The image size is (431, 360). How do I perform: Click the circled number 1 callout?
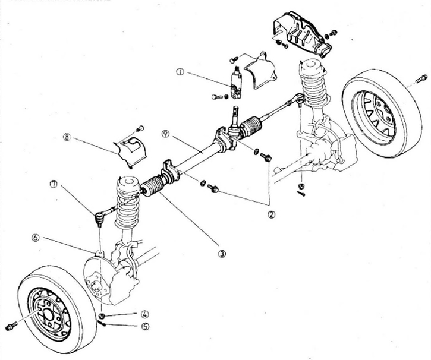point(180,72)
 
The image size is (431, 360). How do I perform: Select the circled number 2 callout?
point(271,214)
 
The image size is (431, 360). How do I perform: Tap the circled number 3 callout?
point(222,254)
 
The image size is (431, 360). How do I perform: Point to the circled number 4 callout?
point(145,314)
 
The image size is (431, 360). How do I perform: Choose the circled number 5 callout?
point(146,326)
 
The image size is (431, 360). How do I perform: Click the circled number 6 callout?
point(36,238)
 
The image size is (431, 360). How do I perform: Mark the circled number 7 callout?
point(54,184)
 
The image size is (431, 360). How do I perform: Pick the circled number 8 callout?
point(67,137)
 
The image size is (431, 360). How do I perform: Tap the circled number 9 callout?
point(165,134)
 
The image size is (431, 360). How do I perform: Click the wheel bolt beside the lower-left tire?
point(11,326)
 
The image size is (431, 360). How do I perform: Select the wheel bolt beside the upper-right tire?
point(421,79)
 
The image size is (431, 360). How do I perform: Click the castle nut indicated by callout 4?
point(102,316)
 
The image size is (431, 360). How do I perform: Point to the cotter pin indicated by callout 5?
point(102,323)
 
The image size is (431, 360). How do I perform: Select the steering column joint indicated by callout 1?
point(236,82)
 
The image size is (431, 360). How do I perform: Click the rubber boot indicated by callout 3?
point(153,186)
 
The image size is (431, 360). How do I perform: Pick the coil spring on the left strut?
point(128,203)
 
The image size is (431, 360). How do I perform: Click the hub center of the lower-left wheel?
point(48,315)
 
